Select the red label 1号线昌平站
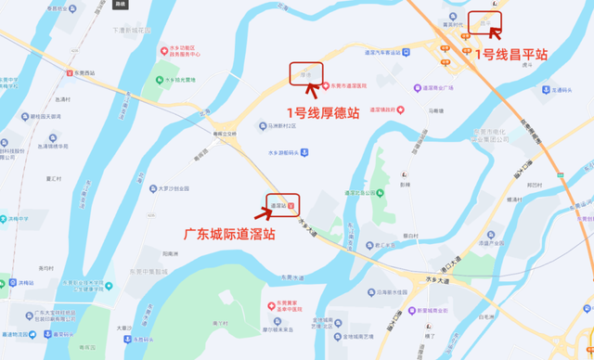(x=510, y=55)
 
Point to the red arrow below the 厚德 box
(x=319, y=91)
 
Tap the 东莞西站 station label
(x=85, y=72)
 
